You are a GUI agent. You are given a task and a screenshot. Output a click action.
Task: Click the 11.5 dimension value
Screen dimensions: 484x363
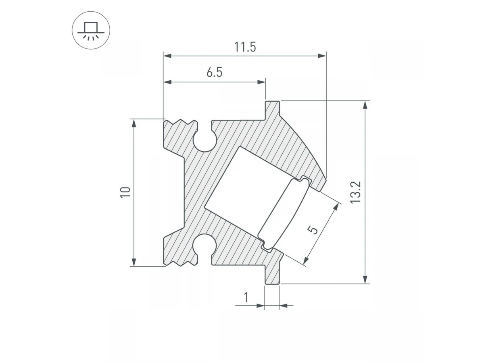(x=245, y=47)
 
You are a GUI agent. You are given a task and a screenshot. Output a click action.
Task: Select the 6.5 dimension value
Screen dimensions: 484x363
(x=214, y=73)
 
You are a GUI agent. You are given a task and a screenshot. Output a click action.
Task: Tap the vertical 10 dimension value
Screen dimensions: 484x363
(x=125, y=192)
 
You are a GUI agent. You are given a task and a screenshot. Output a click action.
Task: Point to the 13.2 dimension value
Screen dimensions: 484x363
(x=355, y=192)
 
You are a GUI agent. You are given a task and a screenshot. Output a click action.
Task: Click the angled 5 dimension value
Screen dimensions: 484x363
(x=313, y=230)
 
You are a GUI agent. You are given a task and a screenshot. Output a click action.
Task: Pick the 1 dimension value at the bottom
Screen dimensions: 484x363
(x=246, y=297)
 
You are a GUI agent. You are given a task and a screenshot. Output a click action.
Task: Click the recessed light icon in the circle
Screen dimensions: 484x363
(x=91, y=31)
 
